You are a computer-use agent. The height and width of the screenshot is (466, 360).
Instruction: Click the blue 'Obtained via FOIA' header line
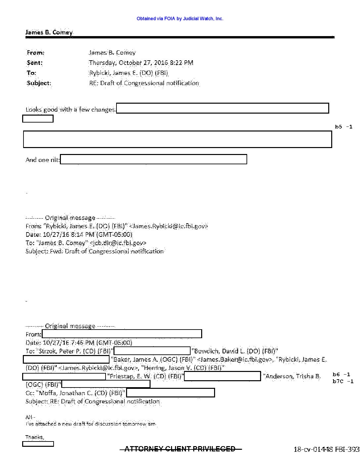(180, 19)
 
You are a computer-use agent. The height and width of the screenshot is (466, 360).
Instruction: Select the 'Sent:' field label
(35, 63)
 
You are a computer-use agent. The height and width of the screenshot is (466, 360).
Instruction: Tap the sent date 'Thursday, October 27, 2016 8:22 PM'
(141, 63)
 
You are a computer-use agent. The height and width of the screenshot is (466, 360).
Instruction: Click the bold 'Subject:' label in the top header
(39, 83)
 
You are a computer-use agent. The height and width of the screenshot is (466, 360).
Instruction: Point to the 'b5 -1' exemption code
(343, 127)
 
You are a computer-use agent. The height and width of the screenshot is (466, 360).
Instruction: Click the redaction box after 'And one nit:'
(154, 159)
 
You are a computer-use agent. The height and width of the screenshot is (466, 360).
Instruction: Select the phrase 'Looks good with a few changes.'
(71, 110)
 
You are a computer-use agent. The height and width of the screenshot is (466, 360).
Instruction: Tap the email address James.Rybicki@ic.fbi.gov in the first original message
(168, 226)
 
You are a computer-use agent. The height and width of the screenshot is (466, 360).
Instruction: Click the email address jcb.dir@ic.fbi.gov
(118, 243)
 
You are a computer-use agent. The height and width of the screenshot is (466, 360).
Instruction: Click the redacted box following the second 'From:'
(122, 334)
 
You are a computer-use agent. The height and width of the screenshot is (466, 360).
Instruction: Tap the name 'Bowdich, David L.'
(220, 351)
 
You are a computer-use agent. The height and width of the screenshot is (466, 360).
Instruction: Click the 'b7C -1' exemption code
(343, 382)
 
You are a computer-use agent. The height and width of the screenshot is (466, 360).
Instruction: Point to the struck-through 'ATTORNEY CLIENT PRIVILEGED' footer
(180, 449)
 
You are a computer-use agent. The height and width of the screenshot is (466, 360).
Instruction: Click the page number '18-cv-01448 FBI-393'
(326, 449)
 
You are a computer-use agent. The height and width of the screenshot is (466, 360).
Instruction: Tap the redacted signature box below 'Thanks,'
(38, 444)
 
